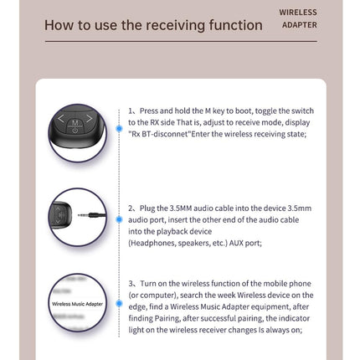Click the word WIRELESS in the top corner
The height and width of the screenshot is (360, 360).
pyautogui.click(x=298, y=13)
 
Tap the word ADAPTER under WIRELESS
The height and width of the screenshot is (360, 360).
pyautogui.click(x=300, y=25)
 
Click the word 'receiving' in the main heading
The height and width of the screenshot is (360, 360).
pyautogui.click(x=176, y=25)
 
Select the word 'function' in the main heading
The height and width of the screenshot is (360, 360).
pyautogui.click(x=235, y=25)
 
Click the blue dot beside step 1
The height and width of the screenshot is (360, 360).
pyautogui.click(x=119, y=128)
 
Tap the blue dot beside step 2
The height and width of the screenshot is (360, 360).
pyautogui.click(x=119, y=219)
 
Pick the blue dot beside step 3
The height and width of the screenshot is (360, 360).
pyautogui.click(x=119, y=303)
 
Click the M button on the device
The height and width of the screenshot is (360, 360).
pyautogui.click(x=75, y=122)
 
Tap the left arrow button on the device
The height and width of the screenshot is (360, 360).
pyautogui.click(x=61, y=119)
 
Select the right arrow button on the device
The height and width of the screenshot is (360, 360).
pyautogui.click(x=89, y=119)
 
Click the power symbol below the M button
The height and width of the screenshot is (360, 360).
pyautogui.click(x=75, y=130)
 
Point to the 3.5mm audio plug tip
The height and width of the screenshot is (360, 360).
pyautogui.click(x=80, y=215)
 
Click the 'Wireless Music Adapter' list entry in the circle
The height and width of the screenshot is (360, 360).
pyautogui.click(x=77, y=304)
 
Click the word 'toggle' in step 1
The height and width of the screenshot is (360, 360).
pyautogui.click(x=265, y=111)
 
